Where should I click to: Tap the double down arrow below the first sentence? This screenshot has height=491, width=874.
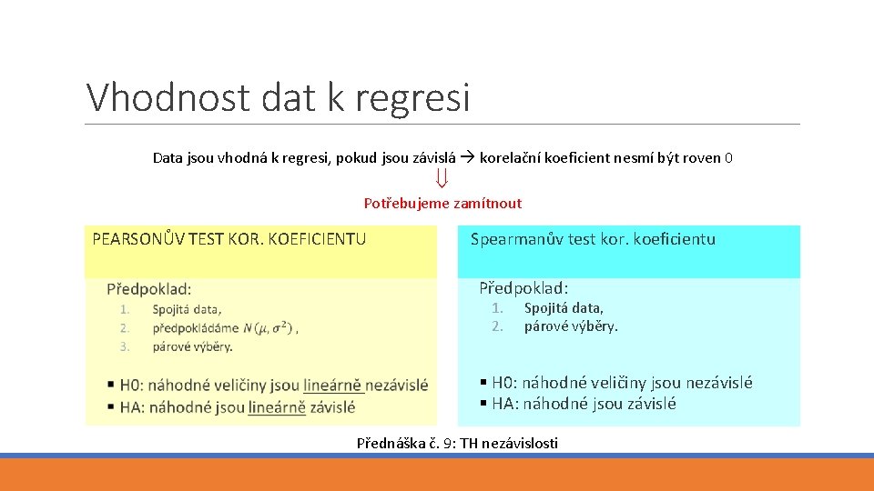point(442,180)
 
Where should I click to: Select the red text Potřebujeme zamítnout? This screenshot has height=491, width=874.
point(442,203)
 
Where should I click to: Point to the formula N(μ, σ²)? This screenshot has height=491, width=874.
point(269,327)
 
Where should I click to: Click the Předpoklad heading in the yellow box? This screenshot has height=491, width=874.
point(149,289)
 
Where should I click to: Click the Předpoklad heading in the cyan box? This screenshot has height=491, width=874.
point(523,288)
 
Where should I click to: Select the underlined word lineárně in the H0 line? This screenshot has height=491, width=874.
point(333,385)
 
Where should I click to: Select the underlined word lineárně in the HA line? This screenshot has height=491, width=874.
point(276,408)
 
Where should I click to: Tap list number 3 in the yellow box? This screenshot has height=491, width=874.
point(125,346)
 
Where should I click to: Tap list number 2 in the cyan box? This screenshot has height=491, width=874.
point(497,326)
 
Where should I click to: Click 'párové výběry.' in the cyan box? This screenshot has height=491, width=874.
point(571,326)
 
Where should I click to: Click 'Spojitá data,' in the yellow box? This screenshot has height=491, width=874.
point(188,309)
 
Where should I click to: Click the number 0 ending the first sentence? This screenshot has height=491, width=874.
point(729,158)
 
